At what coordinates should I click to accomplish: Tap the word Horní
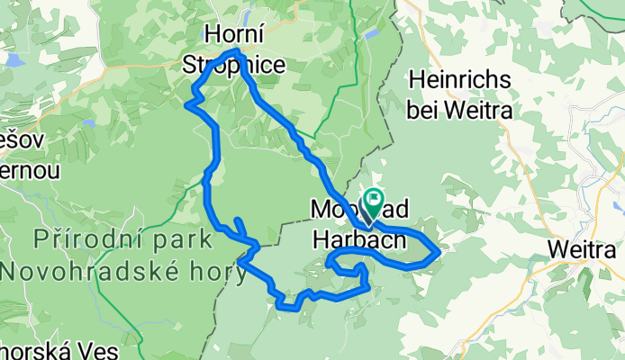(235, 34)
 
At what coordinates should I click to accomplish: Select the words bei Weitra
(459, 110)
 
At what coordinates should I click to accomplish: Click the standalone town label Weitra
(587, 247)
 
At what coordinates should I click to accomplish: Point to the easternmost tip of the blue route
(439, 253)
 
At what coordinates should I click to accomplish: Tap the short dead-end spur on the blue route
(238, 223)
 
